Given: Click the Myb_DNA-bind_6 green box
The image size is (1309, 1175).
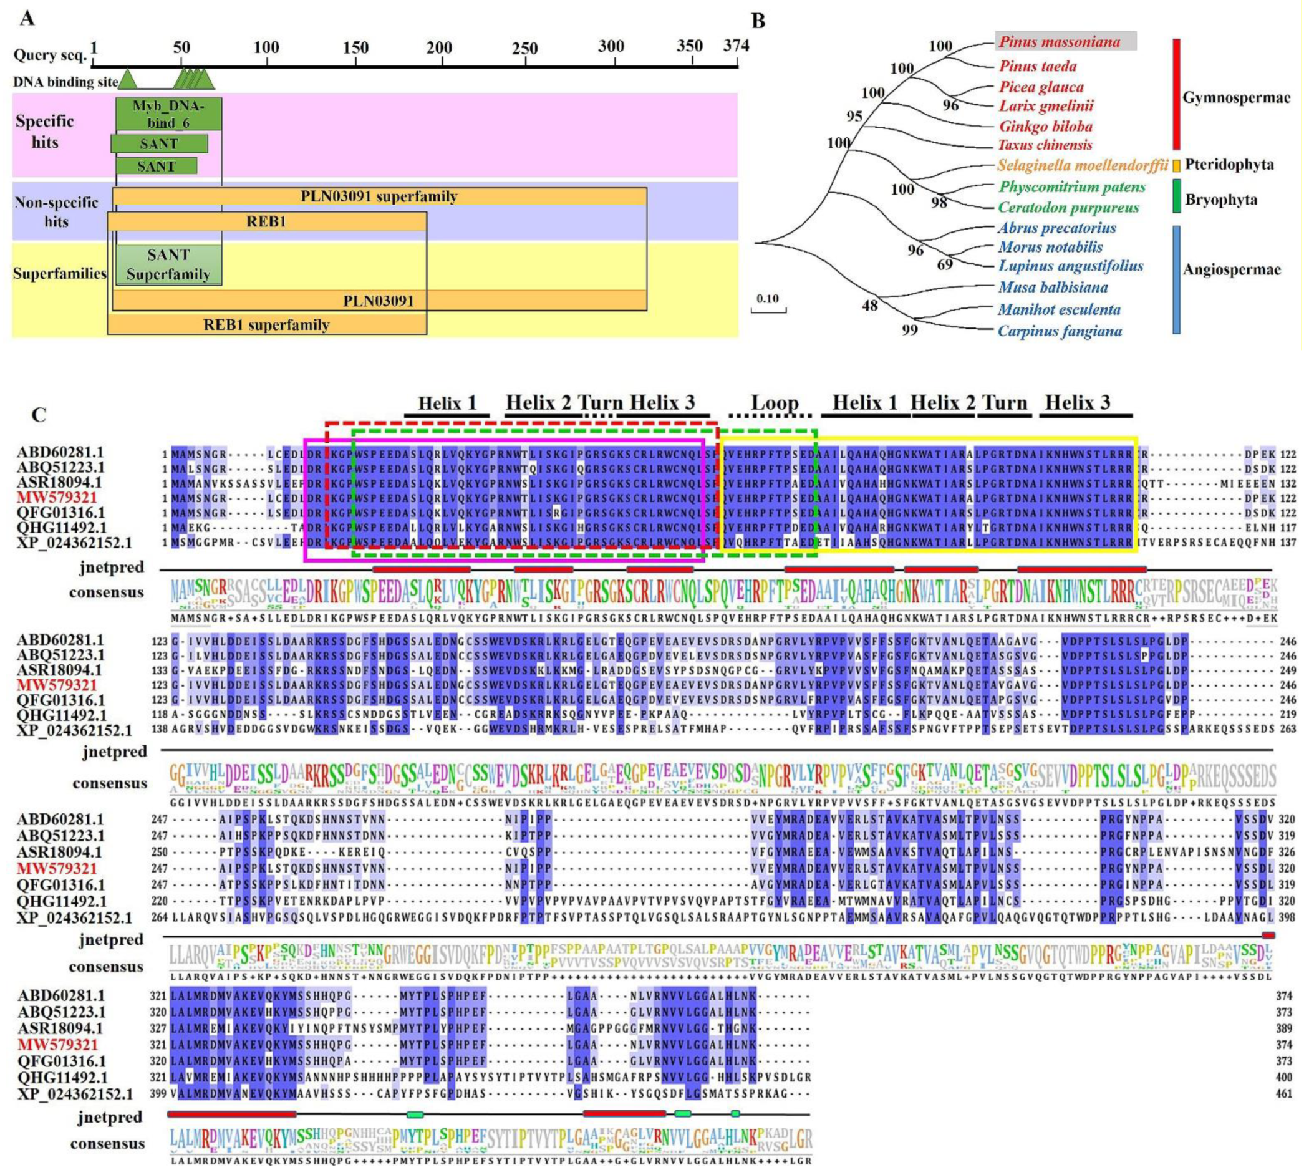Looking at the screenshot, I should [x=168, y=114].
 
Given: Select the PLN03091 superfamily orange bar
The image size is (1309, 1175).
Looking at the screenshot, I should [x=379, y=196].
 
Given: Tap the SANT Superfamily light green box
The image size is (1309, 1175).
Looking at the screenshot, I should [x=168, y=264].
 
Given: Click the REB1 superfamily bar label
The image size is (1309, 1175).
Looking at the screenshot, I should [x=266, y=325].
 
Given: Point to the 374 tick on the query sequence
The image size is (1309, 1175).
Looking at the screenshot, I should [x=736, y=46].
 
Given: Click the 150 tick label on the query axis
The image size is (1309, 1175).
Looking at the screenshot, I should [x=355, y=48].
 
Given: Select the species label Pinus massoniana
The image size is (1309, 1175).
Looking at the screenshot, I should [x=1058, y=42].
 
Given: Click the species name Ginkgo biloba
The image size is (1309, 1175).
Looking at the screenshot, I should [x=1046, y=126].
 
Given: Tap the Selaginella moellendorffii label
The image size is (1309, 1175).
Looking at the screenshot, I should [x=1083, y=165].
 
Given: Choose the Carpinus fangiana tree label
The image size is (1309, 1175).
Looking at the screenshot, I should [x=1059, y=331].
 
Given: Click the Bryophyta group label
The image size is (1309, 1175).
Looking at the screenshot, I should [x=1220, y=200].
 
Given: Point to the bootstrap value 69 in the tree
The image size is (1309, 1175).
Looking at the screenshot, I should [x=944, y=264].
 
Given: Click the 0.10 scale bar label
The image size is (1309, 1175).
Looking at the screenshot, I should [x=768, y=299].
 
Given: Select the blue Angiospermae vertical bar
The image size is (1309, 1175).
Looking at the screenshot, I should [x=1176, y=279].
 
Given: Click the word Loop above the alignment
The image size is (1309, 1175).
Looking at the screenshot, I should [x=774, y=403].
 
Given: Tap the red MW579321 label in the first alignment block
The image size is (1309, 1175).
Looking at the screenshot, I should [x=57, y=498].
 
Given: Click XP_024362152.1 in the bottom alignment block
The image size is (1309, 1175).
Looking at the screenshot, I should [x=75, y=1094].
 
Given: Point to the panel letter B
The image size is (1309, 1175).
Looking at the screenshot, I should [x=758, y=21].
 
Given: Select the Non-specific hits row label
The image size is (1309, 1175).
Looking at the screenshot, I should [x=56, y=212].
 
